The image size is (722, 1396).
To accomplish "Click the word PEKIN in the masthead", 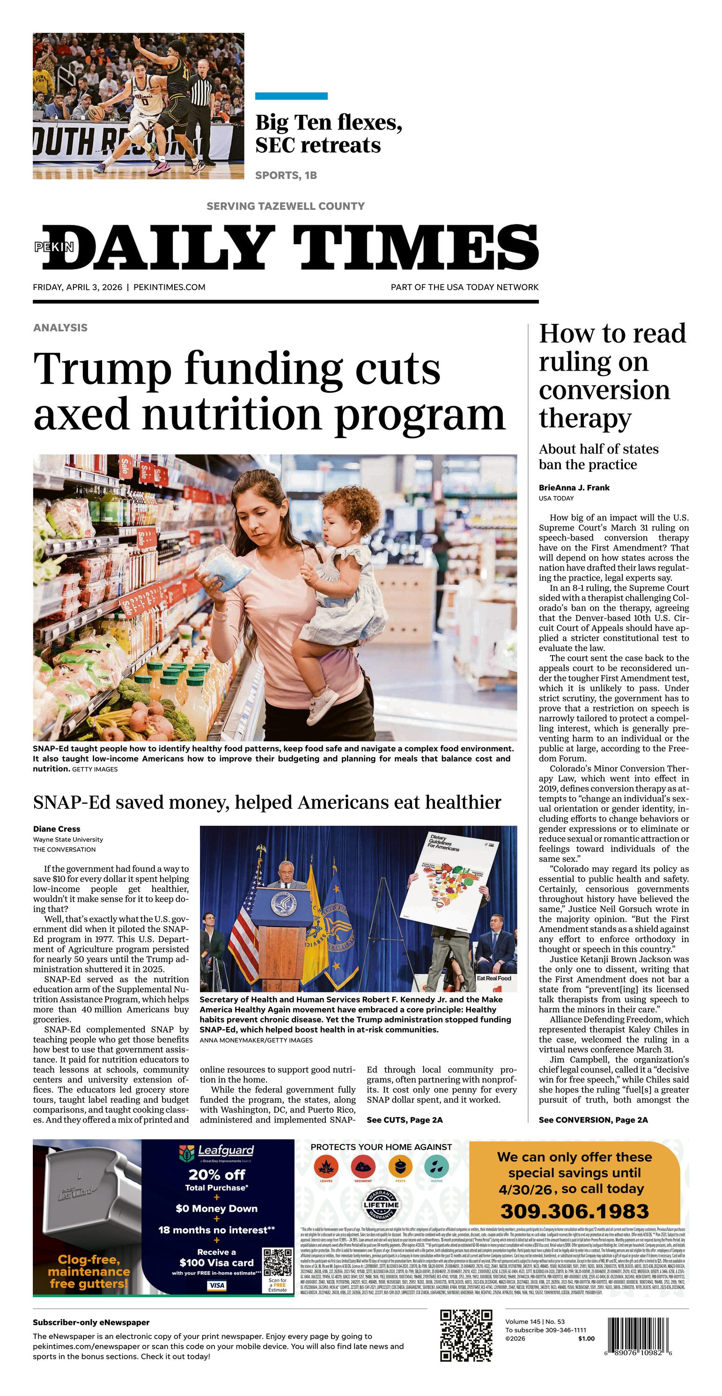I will (54, 247).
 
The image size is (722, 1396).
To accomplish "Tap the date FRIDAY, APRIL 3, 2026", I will (77, 287).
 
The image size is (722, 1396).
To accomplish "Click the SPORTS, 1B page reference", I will (286, 175).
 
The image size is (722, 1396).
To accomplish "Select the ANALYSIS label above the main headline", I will (60, 327).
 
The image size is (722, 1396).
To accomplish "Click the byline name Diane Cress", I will (56, 829).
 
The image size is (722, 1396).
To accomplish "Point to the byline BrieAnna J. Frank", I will (574, 487).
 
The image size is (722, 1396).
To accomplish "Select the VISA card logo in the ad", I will (217, 1285).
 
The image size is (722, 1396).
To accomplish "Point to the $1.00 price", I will (586, 1338).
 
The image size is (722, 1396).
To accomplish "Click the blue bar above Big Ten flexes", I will (291, 97).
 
